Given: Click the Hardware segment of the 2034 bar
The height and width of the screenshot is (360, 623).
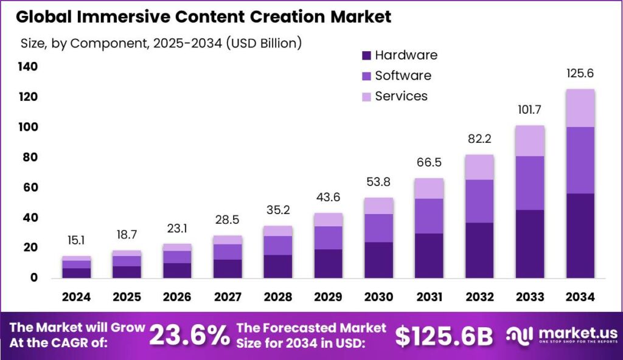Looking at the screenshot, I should pyautogui.click(x=580, y=236).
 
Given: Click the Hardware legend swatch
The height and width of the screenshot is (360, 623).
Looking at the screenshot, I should pyautogui.click(x=366, y=55).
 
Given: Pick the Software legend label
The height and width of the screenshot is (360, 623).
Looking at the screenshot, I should pyautogui.click(x=403, y=75).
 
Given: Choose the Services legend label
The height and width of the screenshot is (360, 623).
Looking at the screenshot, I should pyautogui.click(x=401, y=96).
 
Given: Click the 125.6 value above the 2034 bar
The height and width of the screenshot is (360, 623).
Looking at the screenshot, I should pyautogui.click(x=580, y=74).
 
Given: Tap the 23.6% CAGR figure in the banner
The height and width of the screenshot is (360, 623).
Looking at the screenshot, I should pyautogui.click(x=190, y=336).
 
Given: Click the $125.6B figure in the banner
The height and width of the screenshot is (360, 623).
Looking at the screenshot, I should pyautogui.click(x=444, y=336).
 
